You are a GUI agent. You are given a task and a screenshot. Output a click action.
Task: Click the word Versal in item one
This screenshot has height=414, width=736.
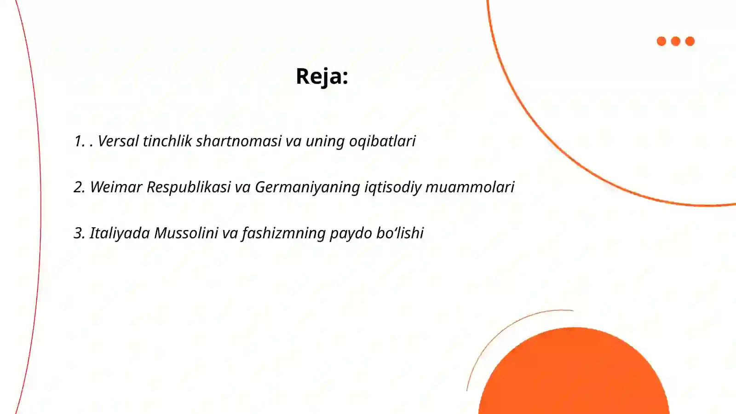(x=118, y=141)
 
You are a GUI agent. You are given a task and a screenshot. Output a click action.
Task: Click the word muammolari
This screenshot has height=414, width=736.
(x=470, y=187)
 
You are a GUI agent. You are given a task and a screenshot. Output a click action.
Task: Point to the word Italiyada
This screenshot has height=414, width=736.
(x=120, y=233)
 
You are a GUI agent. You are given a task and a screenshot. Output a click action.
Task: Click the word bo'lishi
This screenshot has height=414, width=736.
(x=400, y=233)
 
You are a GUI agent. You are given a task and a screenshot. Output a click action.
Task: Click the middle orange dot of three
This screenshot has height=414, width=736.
(x=676, y=41)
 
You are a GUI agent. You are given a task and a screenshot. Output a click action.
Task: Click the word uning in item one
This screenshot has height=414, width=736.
(x=325, y=141)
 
